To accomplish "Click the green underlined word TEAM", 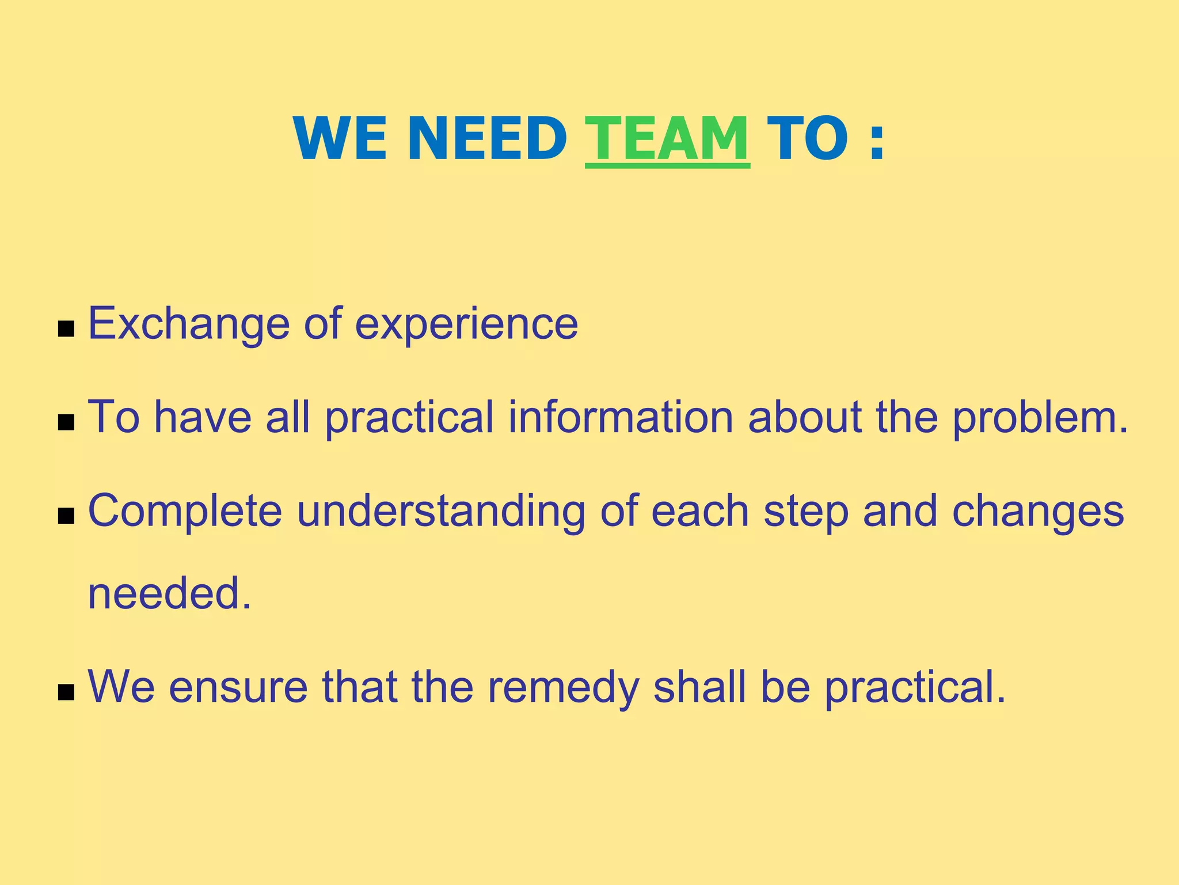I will (x=667, y=139).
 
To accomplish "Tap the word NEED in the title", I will (x=487, y=139).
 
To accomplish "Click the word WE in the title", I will (x=340, y=139).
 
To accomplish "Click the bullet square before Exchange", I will (x=67, y=330).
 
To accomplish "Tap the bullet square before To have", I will (x=67, y=423).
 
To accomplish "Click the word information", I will (x=621, y=417).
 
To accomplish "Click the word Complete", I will (x=185, y=512).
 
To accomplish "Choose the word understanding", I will (x=441, y=512).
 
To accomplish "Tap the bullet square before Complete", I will (x=67, y=516).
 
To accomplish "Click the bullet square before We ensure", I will (x=67, y=693).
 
